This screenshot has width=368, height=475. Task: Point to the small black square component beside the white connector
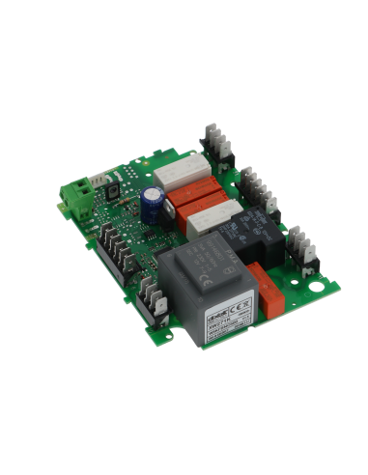(x=114, y=192)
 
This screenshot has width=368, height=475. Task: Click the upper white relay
(x=176, y=174)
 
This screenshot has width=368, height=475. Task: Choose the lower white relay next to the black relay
(x=208, y=224)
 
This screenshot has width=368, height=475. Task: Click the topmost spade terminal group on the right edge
(x=217, y=142)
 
